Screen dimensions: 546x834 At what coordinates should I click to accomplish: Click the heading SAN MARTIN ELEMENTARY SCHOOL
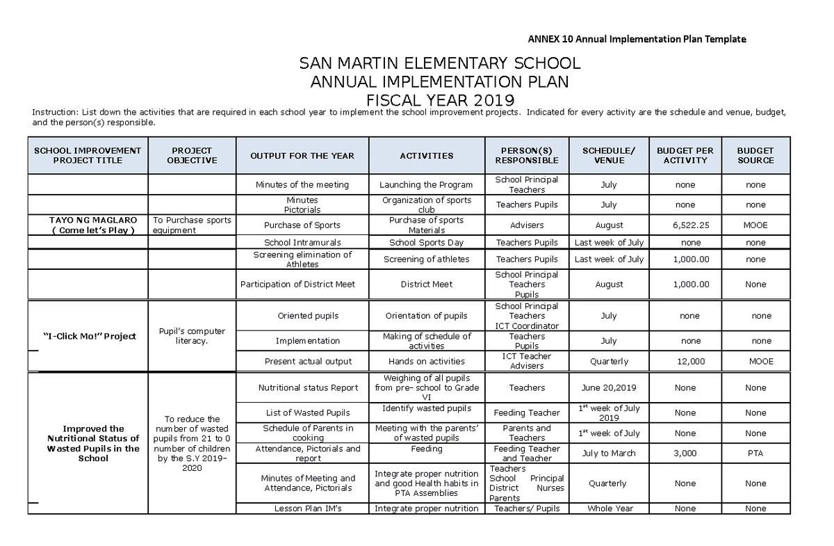439,64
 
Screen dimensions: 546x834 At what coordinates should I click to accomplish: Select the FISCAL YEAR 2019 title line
439,99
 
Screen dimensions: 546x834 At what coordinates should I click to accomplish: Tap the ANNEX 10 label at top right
637,39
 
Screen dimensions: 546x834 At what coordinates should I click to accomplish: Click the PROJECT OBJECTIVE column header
192,155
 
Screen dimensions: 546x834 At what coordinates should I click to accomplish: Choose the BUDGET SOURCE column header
755,155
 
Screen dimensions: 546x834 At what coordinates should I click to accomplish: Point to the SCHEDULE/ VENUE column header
608,155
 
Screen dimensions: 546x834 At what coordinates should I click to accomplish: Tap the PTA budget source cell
755,453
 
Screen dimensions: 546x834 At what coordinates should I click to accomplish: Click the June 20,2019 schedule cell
609,388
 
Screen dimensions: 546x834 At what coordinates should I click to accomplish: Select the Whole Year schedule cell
610,508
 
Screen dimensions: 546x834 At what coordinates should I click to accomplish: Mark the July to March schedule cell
610,453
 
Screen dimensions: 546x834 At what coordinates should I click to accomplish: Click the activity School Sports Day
426,243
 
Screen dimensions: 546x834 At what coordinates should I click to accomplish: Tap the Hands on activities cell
426,362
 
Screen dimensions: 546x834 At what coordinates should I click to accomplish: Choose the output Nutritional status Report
308,388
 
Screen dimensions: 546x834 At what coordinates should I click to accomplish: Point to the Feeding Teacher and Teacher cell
527,453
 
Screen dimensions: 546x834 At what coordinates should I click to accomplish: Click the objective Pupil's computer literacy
192,336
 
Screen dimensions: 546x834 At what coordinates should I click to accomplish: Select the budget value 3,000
685,453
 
